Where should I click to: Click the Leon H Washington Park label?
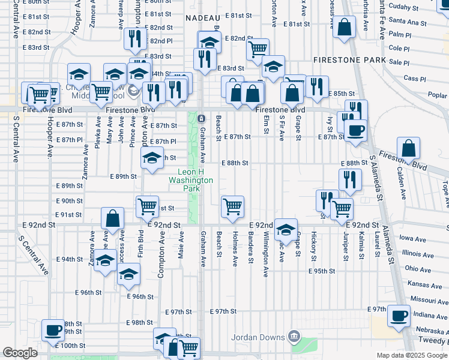[191, 180]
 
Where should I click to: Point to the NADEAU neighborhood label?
[200, 19]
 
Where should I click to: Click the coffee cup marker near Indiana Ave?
[399, 316]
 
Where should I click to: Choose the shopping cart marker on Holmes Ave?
[232, 207]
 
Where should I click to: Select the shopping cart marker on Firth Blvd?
[147, 207]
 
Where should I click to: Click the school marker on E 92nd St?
[286, 229]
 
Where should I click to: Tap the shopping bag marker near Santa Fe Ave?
[345, 28]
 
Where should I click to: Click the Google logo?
[19, 353]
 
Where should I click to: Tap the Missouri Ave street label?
[424, 297]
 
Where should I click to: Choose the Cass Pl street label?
[414, 79]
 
